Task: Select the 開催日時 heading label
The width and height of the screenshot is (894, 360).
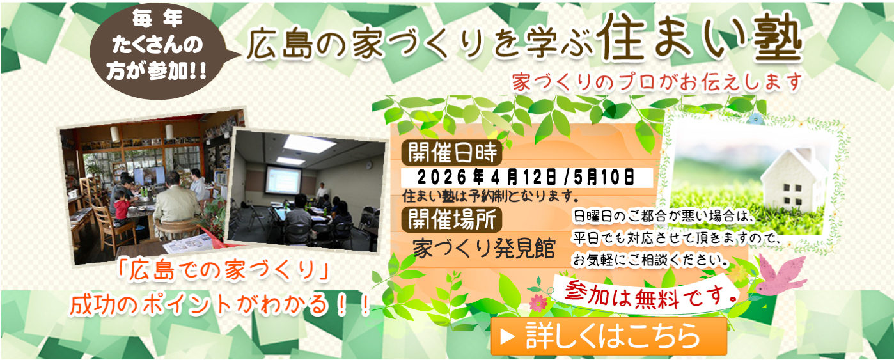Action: click(x=451, y=153)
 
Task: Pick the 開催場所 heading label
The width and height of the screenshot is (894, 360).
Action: click(x=451, y=219)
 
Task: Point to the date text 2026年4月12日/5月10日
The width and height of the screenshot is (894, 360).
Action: click(x=526, y=176)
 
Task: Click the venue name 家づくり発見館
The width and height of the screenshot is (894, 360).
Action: click(x=483, y=249)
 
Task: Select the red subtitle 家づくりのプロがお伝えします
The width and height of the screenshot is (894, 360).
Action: click(x=656, y=82)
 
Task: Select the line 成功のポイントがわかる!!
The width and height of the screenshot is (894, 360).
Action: click(x=221, y=304)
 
